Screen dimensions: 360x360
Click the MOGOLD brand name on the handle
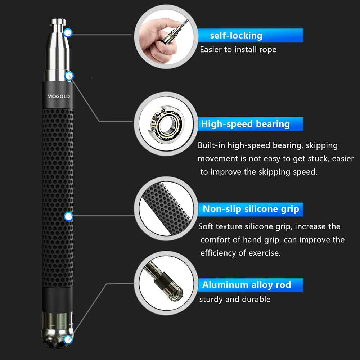[58, 96]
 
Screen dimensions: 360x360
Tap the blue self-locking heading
[236, 36]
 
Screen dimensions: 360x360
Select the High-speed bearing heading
[245, 124]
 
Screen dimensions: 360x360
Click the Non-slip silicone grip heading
[251, 209]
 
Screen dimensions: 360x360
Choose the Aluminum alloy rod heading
[246, 285]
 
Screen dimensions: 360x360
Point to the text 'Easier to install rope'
[238, 50]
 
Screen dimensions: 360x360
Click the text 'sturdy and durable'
[235, 299]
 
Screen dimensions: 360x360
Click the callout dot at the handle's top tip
[68, 33]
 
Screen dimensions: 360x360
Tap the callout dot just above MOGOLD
[69, 76]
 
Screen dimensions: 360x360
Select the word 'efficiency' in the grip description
[217, 253]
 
